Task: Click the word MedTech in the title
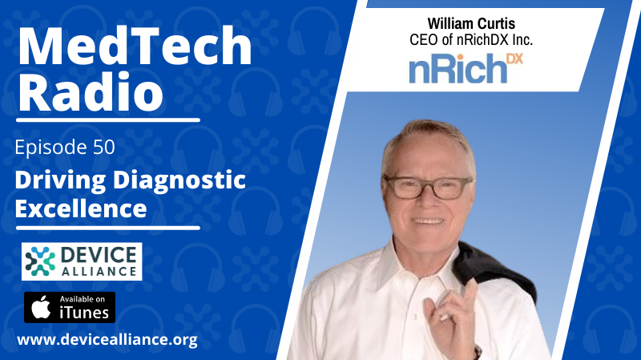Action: click(x=135, y=46)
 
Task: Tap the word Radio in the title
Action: click(x=91, y=91)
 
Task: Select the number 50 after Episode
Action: click(x=104, y=148)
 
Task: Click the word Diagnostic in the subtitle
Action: click(x=179, y=181)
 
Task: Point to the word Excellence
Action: click(x=81, y=208)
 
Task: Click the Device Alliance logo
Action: click(x=82, y=261)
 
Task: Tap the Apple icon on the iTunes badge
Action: click(x=42, y=307)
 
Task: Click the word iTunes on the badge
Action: click(x=84, y=313)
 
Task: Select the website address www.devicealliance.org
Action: click(x=107, y=339)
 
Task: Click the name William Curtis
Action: click(x=471, y=24)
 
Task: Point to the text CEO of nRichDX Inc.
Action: click(x=471, y=40)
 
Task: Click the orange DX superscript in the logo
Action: click(x=514, y=59)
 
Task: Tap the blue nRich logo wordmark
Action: click(x=458, y=70)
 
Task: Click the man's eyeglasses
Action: click(x=428, y=188)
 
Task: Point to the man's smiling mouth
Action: click(x=428, y=221)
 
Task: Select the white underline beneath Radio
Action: click(x=108, y=120)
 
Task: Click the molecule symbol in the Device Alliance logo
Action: click(x=40, y=261)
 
